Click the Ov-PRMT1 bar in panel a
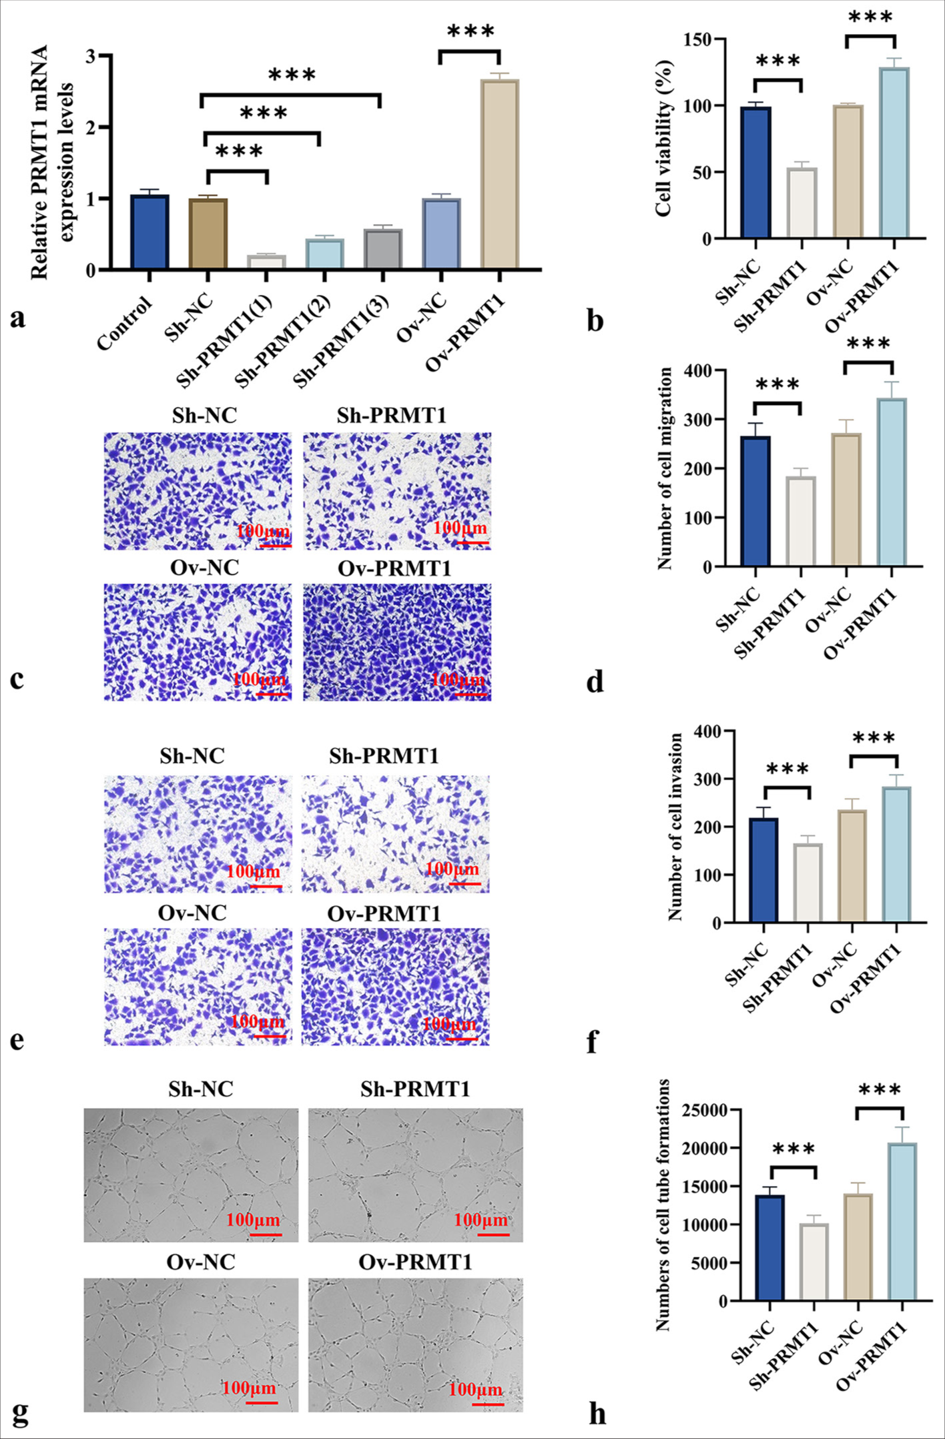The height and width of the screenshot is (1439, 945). pos(500,175)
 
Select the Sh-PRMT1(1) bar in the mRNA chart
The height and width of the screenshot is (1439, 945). pos(266,262)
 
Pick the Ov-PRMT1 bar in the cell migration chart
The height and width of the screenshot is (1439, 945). pos(892,482)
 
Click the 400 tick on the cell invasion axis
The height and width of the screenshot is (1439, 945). pos(710,731)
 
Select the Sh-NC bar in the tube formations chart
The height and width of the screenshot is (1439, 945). pos(769,1248)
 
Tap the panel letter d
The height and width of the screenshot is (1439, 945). pos(595,681)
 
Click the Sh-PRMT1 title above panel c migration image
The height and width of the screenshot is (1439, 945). pos(391,416)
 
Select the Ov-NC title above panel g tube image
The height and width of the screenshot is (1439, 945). pos(201,1262)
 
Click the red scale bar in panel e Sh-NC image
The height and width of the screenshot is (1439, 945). pos(266,886)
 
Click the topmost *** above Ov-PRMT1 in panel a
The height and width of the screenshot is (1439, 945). pos(470,32)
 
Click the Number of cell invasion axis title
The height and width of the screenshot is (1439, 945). pos(675,827)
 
